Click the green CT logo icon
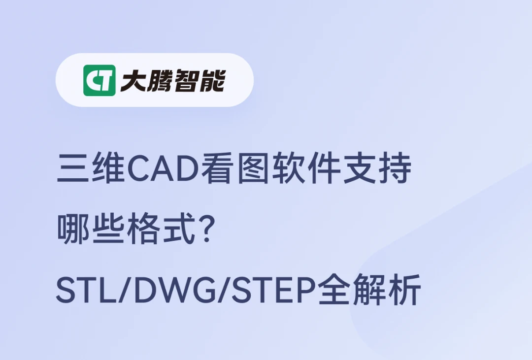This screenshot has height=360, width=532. [100, 80]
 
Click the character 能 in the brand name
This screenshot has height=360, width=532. [212, 80]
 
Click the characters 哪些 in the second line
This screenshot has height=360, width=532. [92, 230]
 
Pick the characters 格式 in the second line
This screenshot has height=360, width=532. [162, 230]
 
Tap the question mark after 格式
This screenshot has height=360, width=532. [208, 230]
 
